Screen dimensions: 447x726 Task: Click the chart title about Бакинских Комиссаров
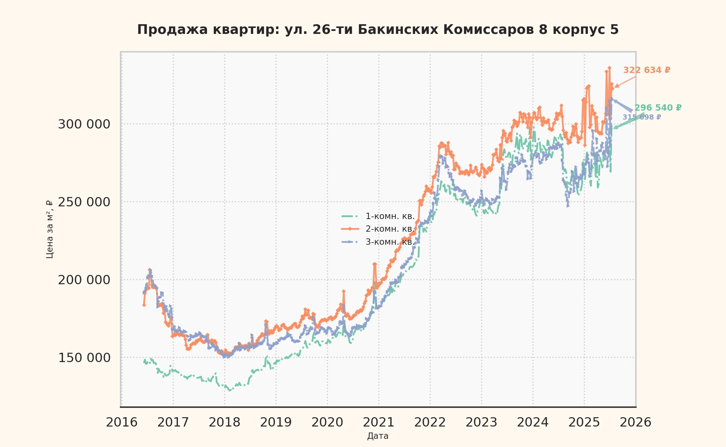coord(378,29)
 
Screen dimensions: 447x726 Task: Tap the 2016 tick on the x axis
coord(122,422)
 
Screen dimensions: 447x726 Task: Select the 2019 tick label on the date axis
coord(276,422)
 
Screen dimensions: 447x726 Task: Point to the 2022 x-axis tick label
coord(430,422)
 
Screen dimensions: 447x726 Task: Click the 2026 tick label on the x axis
coord(636,422)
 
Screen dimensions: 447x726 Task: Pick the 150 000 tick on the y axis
coord(84,358)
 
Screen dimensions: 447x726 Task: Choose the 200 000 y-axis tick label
coord(84,280)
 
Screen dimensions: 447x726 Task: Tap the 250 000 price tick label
coord(84,202)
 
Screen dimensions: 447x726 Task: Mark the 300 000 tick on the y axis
coord(84,124)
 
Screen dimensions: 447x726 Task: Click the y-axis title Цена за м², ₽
coord(50,229)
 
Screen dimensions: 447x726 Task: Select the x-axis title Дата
coord(378,436)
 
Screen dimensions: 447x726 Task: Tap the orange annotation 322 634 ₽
coord(647,70)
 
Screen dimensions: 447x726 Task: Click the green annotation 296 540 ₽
coord(658,108)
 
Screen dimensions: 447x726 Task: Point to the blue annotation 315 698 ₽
coord(641,117)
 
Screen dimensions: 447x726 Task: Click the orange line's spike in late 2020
coord(375,264)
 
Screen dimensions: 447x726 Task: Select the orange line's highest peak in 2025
coord(609,68)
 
